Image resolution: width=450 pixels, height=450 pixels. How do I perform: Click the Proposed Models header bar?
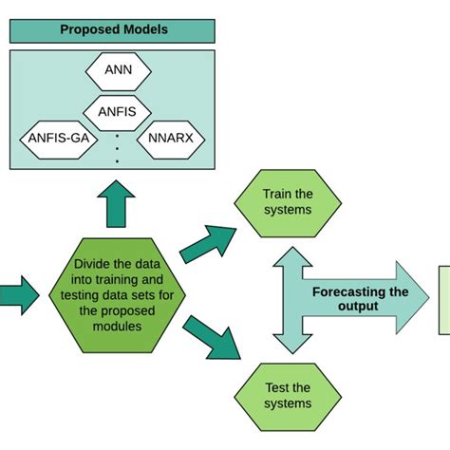113,29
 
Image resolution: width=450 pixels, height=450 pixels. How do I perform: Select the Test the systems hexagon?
287,395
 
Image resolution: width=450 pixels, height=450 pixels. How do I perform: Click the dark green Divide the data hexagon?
119,291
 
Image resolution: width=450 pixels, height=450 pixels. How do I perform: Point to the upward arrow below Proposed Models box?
119,205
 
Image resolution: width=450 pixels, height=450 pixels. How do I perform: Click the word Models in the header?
143,29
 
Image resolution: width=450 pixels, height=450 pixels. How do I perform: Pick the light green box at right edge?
442,299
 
